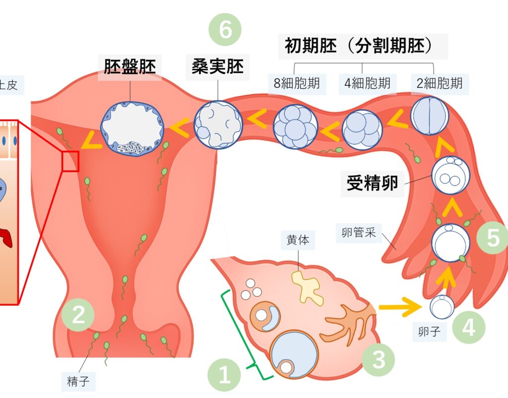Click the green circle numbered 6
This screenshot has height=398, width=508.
[225, 30]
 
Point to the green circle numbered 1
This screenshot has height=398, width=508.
[225, 375]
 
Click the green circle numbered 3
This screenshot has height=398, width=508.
[379, 359]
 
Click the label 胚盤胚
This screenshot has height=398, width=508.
[130, 67]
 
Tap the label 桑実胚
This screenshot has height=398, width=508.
[218, 67]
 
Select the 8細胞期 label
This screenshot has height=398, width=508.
[297, 83]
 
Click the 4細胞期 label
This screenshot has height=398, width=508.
[367, 83]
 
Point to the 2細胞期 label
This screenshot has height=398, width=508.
[439, 83]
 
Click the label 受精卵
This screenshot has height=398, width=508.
[372, 183]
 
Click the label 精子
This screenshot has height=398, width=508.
[78, 382]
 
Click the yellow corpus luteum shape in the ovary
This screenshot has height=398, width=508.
[307, 287]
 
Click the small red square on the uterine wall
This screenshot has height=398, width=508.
[70, 162]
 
